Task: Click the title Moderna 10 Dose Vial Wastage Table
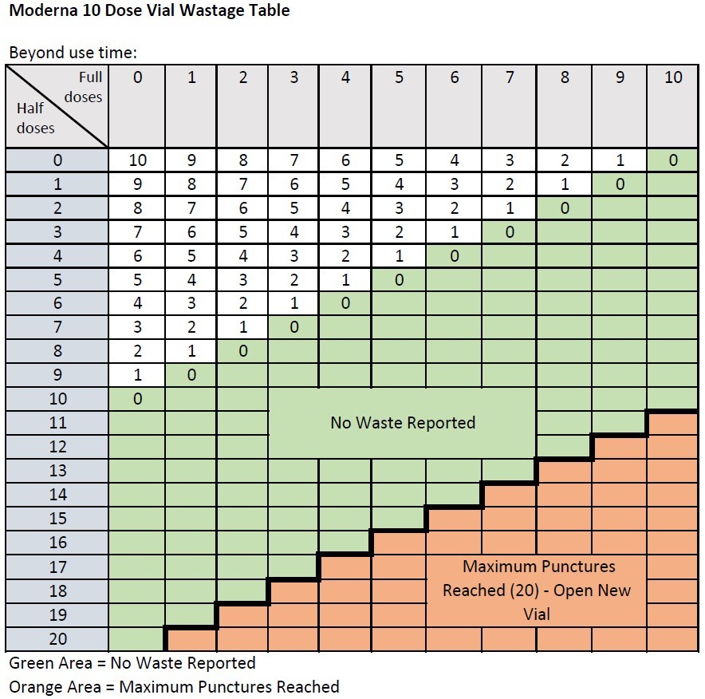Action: point(149,11)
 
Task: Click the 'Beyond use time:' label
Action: point(73,53)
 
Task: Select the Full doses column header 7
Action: point(509,78)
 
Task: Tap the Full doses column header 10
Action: point(674,78)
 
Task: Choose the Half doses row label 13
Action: point(57,471)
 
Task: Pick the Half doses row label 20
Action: point(57,639)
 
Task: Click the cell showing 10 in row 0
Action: point(138,160)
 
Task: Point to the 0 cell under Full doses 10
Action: point(674,160)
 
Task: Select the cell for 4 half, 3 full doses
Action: point(294,256)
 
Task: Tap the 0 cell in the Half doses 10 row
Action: point(138,399)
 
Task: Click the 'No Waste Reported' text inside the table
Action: point(403,423)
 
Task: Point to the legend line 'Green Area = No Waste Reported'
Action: point(132,664)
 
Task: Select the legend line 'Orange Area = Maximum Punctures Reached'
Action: point(174,687)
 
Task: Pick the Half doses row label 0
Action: point(57,160)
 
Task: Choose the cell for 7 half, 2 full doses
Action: point(243,328)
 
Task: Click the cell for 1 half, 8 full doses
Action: point(565,184)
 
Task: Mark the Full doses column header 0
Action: point(138,78)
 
